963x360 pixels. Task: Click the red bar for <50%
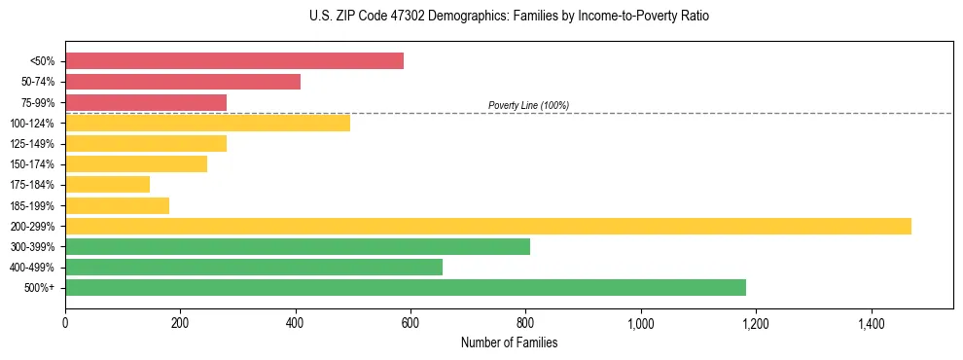(x=234, y=61)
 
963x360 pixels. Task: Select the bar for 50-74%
(x=183, y=82)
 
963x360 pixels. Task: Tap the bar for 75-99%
(x=146, y=102)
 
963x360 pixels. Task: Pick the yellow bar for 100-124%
(x=207, y=123)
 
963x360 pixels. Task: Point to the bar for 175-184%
(x=107, y=184)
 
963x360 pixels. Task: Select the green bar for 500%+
(x=406, y=287)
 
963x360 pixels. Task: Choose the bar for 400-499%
(x=254, y=267)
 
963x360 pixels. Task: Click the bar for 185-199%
(x=117, y=205)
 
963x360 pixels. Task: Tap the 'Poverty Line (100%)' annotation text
(x=528, y=105)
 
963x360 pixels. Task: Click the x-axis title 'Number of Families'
(x=509, y=342)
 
